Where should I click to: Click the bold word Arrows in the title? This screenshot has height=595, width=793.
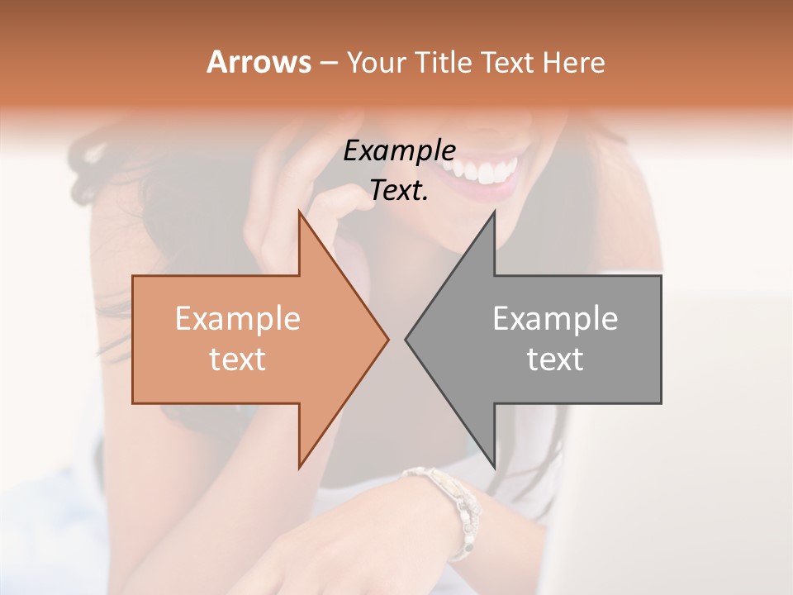(x=259, y=62)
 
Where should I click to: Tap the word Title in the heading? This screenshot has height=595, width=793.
(x=443, y=62)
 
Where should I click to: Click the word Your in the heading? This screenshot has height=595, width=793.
(x=377, y=63)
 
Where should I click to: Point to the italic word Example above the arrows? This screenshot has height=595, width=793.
(x=399, y=151)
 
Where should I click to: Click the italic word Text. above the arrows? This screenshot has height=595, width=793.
(x=399, y=191)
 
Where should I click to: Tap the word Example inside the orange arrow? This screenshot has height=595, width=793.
(x=238, y=319)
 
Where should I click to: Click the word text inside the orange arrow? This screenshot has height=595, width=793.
(x=238, y=359)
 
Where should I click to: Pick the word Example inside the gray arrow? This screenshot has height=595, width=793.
(x=555, y=319)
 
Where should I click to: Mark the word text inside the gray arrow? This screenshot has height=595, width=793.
(x=555, y=359)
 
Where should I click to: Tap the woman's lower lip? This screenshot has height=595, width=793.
(x=487, y=193)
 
